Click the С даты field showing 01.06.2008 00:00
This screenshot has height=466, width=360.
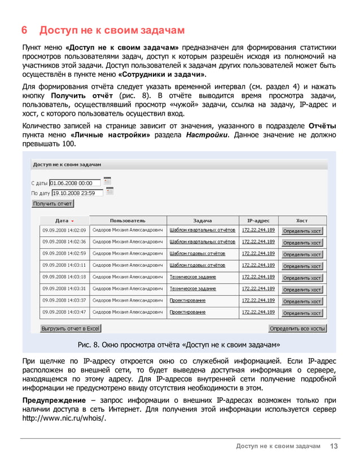coord(74,183)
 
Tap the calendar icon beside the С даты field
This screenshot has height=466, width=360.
coord(107,181)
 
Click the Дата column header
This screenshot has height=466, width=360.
coord(64,221)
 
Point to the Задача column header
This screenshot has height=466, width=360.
coord(202,221)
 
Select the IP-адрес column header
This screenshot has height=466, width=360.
coord(258,221)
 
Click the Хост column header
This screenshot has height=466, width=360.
coord(302,221)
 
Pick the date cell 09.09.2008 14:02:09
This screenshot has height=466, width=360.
coord(64,230)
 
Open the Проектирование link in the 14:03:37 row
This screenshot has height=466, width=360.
coord(187,300)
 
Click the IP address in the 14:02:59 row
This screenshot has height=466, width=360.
coord(258,253)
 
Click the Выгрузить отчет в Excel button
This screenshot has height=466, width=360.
coord(71,328)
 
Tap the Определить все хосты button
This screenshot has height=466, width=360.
coord(297,328)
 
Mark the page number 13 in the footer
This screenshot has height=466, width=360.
coord(334,447)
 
